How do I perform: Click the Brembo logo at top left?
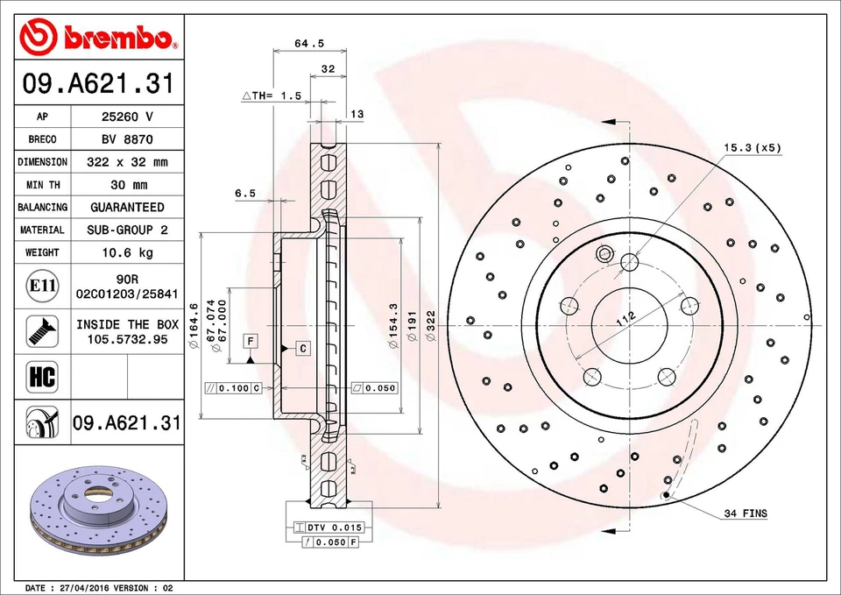click(98, 37)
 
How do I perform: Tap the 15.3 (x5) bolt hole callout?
click(752, 148)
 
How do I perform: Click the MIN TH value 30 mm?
click(128, 185)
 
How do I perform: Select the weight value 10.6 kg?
click(128, 252)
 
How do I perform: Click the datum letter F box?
click(250, 340)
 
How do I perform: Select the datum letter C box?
click(302, 349)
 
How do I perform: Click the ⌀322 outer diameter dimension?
click(430, 325)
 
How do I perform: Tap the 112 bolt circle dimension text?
click(626, 319)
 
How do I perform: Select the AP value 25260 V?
click(128, 117)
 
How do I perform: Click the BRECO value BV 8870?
click(128, 139)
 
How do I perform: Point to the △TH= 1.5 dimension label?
click(272, 96)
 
